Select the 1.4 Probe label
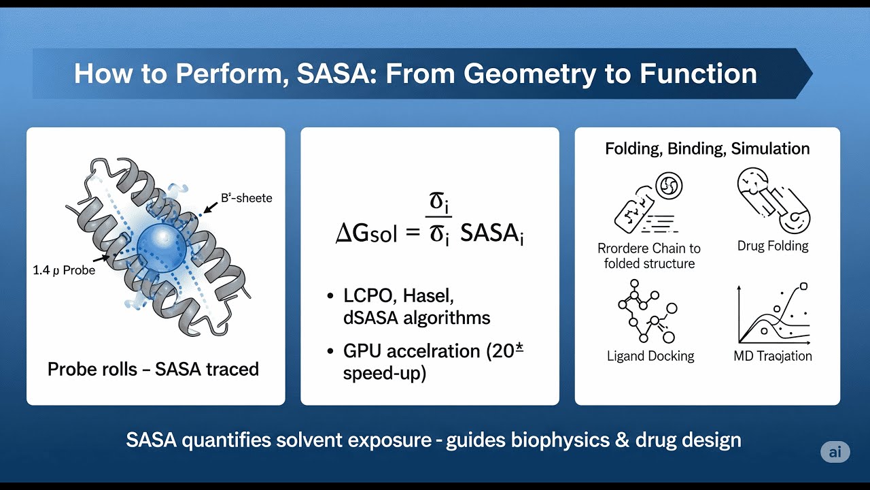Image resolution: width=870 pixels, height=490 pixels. point(64,270)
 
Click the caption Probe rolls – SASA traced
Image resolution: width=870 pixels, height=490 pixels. point(153,370)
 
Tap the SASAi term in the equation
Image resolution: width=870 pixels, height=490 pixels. point(491,233)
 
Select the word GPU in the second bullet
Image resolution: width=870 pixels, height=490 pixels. point(364,352)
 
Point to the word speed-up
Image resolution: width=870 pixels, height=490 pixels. point(385,374)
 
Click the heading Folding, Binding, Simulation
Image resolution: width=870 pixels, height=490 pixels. point(707,149)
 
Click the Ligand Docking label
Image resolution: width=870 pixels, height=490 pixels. point(650,356)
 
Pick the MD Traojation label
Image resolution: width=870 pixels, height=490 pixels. point(773,356)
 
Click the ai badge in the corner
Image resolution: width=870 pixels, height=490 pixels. point(835,453)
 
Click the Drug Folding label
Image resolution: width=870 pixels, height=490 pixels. point(773,246)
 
